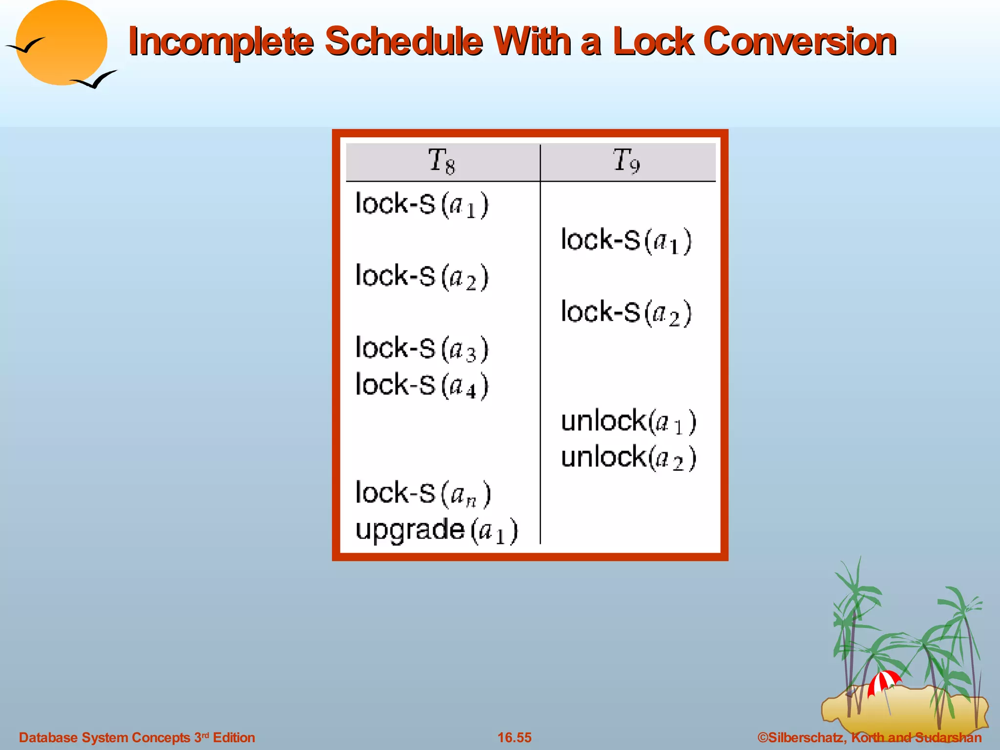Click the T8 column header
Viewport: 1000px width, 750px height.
441,161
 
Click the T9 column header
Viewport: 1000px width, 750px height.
626,161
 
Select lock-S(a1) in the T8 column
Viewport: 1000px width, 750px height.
421,205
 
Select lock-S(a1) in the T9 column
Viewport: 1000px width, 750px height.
626,241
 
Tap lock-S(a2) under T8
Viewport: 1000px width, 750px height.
421,277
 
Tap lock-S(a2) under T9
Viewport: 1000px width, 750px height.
626,313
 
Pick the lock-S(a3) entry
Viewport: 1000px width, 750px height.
421,349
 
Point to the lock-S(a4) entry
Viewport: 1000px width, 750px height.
421,386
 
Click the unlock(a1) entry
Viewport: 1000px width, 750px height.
628,421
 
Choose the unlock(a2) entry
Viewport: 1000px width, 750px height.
628,458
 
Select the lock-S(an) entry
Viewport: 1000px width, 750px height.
423,494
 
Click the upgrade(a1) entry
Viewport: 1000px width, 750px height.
436,530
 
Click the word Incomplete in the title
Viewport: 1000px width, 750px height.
220,42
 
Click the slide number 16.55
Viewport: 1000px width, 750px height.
514,737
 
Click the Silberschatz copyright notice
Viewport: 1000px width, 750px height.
869,737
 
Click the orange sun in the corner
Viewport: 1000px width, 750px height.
61,43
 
